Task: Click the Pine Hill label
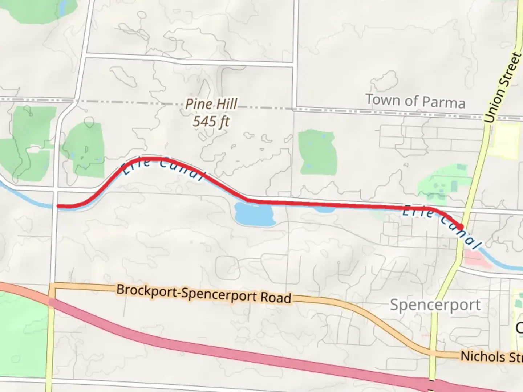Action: coord(211,105)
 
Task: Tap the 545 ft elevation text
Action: coord(211,121)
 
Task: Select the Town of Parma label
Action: coord(415,101)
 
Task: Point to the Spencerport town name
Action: coord(435,305)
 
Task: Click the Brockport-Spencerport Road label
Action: coord(204,294)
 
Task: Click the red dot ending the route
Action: coord(461,227)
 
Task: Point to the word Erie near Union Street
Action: coord(418,211)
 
